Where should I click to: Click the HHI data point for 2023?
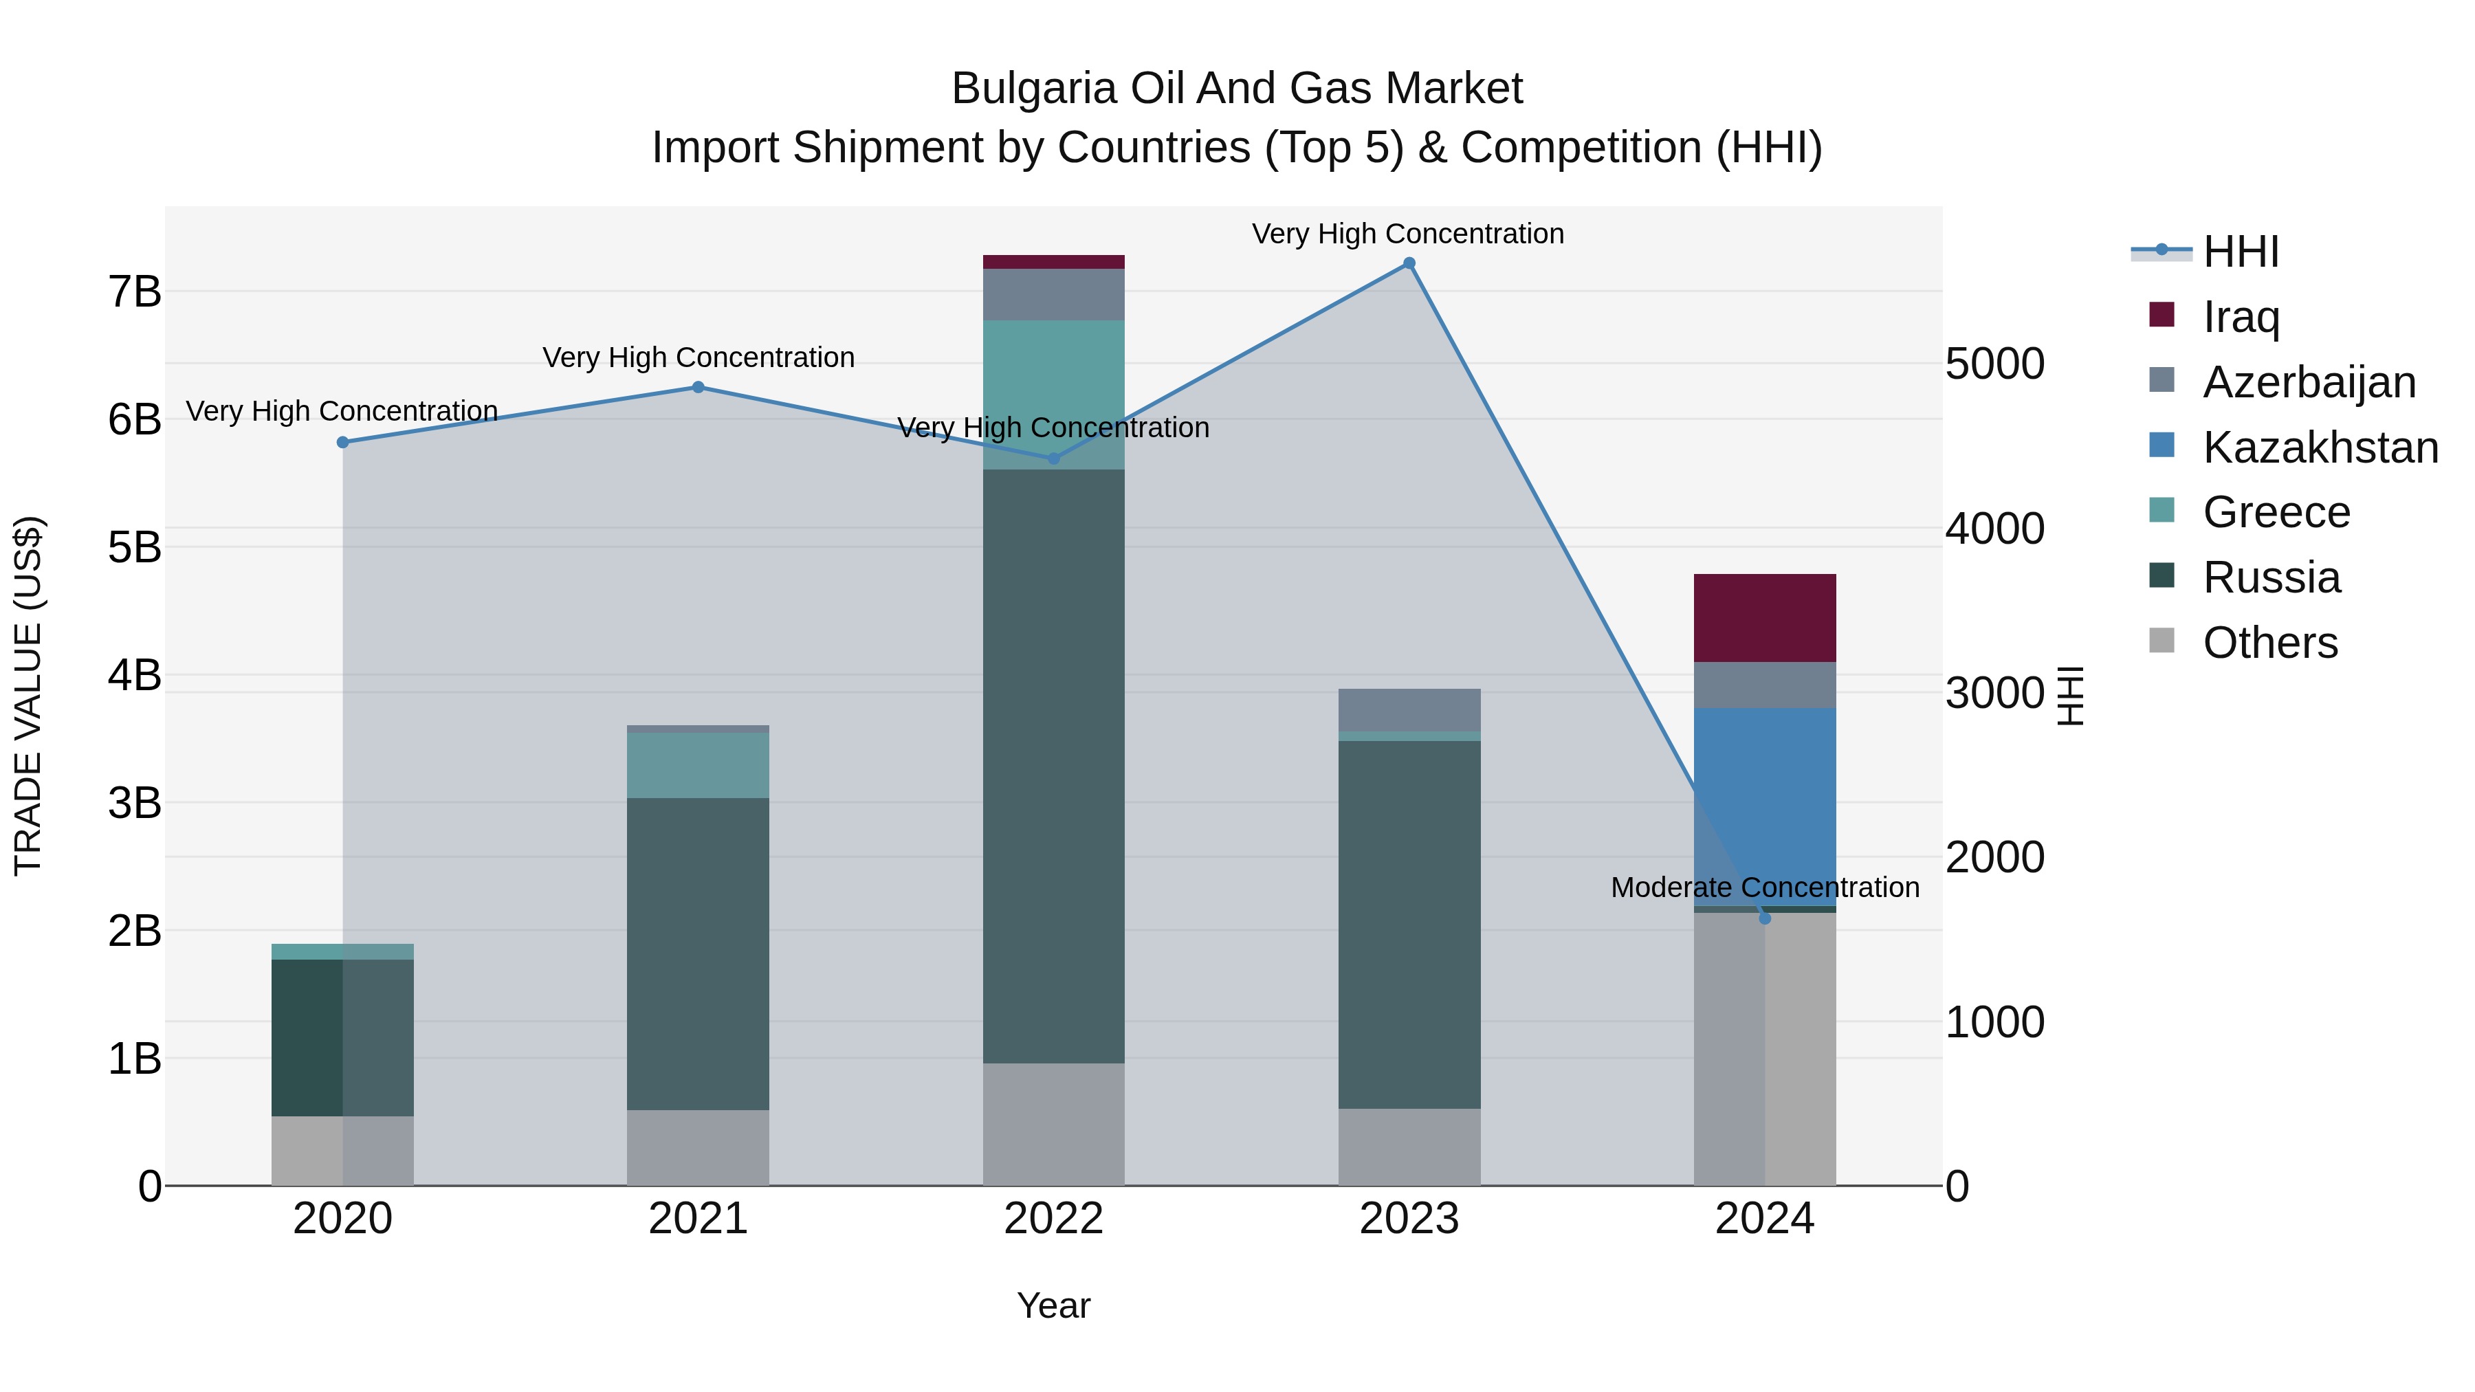tap(1409, 263)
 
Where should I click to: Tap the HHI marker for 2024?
tap(1764, 918)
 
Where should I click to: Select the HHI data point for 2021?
tap(698, 387)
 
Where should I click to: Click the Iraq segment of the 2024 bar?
tap(1764, 618)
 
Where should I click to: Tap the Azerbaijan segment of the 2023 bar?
tap(1409, 710)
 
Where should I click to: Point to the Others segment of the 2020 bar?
tap(342, 1151)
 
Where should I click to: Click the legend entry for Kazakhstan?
tap(2320, 448)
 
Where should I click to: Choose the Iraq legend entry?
tap(2241, 317)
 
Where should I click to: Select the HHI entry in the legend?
tap(2241, 252)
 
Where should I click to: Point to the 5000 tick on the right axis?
tap(1994, 364)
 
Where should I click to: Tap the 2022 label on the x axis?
tap(1053, 1219)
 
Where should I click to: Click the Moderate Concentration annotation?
tap(1764, 887)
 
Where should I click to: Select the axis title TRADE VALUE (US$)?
tap(29, 696)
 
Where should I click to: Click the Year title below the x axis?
tap(1053, 1305)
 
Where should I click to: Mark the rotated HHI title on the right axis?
tap(2071, 696)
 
